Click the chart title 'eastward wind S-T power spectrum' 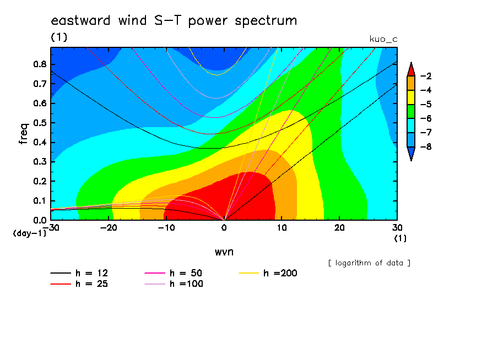174,20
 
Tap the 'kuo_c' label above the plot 383,39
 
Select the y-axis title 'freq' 24,134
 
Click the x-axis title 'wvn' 224,252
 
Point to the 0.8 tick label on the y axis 40,64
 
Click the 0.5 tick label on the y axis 40,123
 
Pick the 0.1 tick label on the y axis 40,201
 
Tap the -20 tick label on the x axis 109,228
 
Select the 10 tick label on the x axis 282,228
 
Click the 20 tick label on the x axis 339,228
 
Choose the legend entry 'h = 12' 79,273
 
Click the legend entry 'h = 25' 79,283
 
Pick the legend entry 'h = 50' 174,273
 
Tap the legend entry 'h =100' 174,283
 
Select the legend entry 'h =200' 268,273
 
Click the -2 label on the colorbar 426,76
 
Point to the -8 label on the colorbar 426,147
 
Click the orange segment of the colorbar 411,83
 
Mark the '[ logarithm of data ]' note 370,263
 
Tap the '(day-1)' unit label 30,233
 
